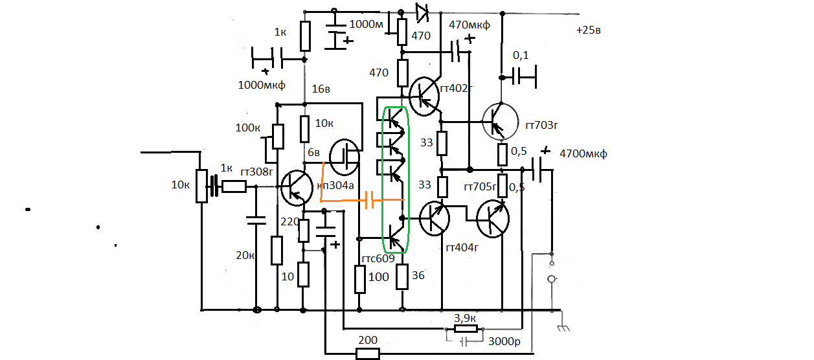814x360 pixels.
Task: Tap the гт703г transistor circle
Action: (x=501, y=120)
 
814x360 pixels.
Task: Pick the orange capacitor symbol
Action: (x=369, y=200)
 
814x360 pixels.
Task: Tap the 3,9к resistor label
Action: (x=466, y=318)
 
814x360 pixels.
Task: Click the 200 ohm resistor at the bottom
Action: (x=368, y=354)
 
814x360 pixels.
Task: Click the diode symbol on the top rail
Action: (x=422, y=11)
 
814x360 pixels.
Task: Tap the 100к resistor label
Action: (x=248, y=128)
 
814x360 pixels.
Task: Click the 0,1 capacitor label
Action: (x=521, y=56)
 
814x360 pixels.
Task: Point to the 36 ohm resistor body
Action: (x=402, y=277)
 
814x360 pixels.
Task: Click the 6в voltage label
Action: (x=313, y=153)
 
